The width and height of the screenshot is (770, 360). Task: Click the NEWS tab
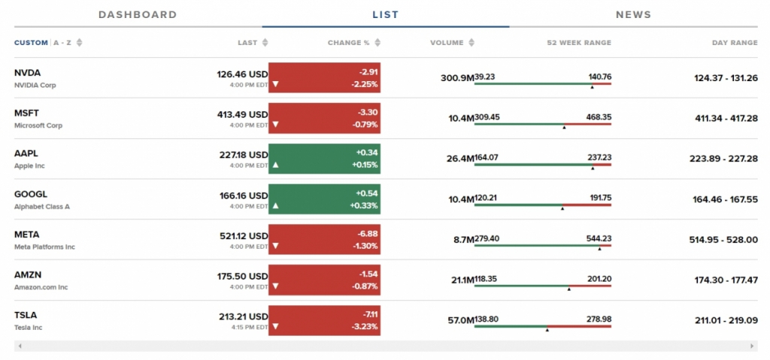tap(633, 14)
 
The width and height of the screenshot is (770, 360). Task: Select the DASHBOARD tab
tap(138, 14)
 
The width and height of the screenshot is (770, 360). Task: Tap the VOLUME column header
tap(447, 43)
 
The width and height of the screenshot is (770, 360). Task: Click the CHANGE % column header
tap(349, 43)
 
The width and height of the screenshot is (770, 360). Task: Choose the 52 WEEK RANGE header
tap(579, 43)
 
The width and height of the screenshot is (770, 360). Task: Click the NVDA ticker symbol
tap(27, 73)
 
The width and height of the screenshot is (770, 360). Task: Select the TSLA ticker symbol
tap(26, 315)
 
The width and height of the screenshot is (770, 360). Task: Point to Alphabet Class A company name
tap(41, 206)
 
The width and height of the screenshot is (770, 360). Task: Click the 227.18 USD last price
tap(243, 154)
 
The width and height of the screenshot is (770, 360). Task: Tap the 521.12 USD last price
tap(243, 235)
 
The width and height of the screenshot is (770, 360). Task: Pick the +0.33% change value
tap(364, 205)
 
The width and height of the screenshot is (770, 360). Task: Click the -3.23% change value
tap(364, 326)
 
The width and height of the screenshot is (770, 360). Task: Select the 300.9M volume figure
tap(456, 77)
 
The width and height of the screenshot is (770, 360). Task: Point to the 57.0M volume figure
tap(460, 320)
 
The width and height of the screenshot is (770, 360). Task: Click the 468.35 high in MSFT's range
tap(599, 117)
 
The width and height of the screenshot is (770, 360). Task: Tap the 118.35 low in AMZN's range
tap(486, 279)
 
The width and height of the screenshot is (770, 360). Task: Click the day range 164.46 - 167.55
tap(725, 199)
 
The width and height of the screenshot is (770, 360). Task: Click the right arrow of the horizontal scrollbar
tap(752, 346)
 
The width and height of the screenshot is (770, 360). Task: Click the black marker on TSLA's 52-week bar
tap(547, 329)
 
